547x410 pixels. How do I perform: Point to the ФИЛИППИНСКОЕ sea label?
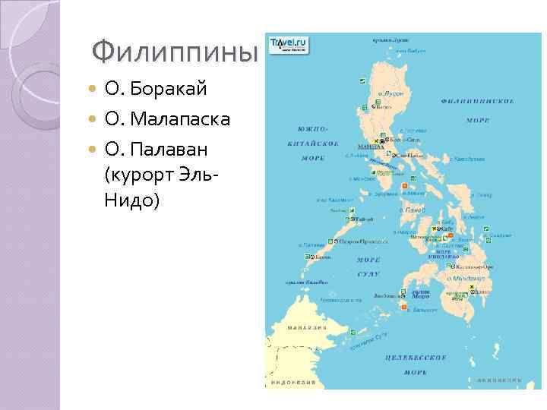click(x=478, y=101)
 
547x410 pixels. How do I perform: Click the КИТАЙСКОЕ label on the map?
click(x=313, y=143)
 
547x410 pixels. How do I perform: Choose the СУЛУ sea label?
click(x=369, y=271)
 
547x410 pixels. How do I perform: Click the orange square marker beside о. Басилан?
click(x=405, y=307)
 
